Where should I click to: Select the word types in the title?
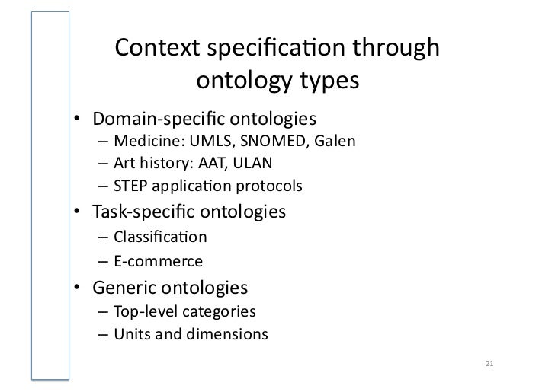[325, 80]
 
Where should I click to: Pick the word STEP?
[130, 186]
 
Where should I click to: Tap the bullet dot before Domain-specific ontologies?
[78, 120]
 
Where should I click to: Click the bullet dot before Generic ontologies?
[78, 288]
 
